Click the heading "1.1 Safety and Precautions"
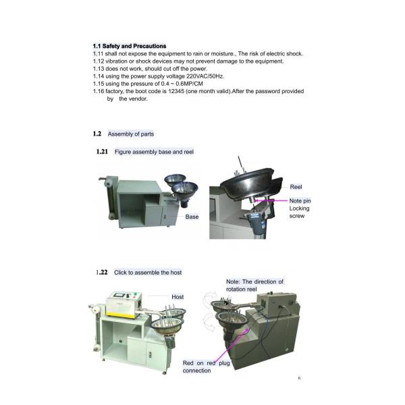pos(129,46)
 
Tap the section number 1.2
pos(97,134)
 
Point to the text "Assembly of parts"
pos(131,134)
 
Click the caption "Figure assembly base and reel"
pos(154,152)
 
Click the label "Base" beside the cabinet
pos(192,217)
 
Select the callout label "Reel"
pos(296,186)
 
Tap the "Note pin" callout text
pos(300,200)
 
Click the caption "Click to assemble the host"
pos(148,272)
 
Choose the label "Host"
pos(178,297)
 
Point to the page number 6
pos(299,378)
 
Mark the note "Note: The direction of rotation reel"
pos(254,286)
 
